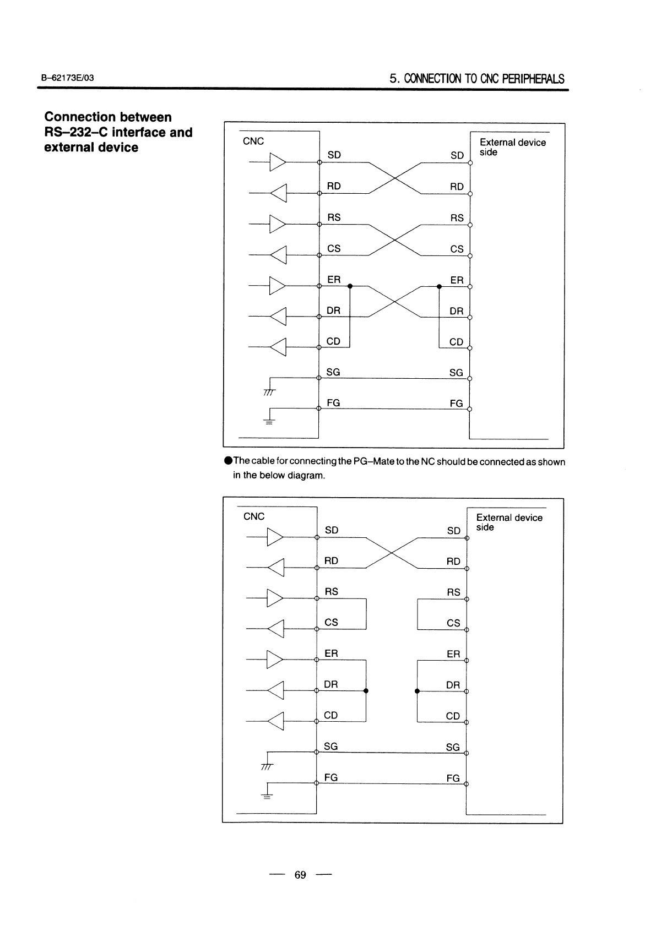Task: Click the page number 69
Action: point(300,875)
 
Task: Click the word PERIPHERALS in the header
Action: point(533,79)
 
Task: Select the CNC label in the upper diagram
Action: point(253,141)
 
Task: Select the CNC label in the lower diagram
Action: point(254,516)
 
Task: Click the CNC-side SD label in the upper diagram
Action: point(334,155)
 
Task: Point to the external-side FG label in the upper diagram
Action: point(456,404)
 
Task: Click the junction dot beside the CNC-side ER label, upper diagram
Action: point(350,286)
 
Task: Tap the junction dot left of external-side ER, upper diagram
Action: point(439,286)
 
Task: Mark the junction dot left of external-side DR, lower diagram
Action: point(417,691)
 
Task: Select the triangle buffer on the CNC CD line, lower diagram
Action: point(276,721)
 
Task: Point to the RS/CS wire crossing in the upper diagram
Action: point(394,240)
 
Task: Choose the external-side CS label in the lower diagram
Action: point(453,623)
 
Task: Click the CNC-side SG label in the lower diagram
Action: point(331,747)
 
